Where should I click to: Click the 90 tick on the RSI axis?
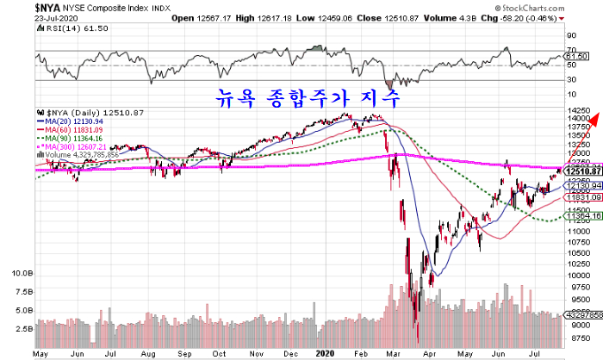(x=570, y=36)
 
